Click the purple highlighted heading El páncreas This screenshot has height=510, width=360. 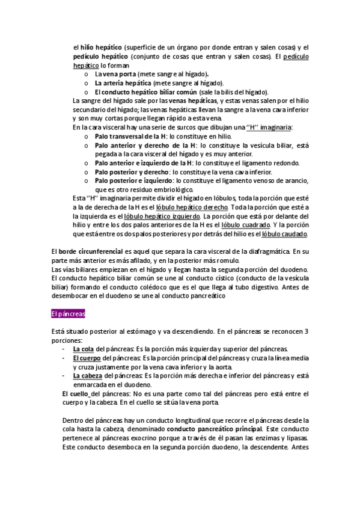click(x=69, y=313)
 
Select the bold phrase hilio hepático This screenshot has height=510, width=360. click(x=99, y=48)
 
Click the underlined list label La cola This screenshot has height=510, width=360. click(x=83, y=349)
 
